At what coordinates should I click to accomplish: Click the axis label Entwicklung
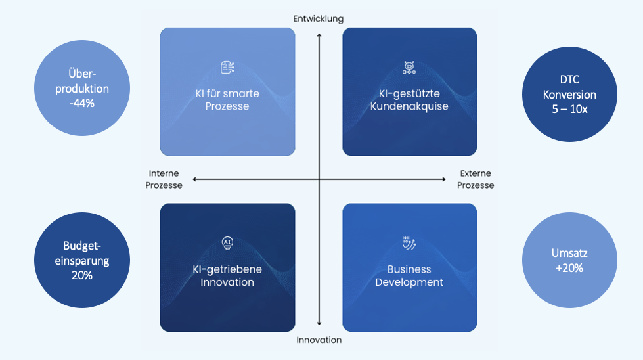coord(319,18)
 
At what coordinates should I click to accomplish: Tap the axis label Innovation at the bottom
coord(319,340)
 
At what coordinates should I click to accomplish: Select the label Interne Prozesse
coord(166,179)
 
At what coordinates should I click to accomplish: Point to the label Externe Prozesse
coord(476,179)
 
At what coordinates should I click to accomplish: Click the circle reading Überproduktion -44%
coord(79,88)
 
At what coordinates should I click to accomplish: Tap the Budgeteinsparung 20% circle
coord(79,260)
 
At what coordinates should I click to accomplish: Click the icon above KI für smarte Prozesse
coord(227,68)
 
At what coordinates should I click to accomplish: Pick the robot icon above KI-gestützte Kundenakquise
coord(409,67)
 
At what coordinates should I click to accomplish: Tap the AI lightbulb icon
coord(227,244)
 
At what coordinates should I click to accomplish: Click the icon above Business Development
coord(409,244)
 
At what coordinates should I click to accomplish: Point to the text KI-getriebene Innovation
coord(227,275)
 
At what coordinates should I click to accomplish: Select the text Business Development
coord(409,275)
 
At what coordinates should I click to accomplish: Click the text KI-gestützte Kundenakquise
coord(409,99)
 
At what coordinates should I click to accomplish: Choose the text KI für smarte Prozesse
coord(227,99)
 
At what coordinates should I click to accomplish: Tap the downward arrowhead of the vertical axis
coord(319,323)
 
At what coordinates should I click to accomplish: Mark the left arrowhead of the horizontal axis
coord(194,179)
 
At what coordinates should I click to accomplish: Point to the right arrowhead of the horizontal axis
coord(445,179)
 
